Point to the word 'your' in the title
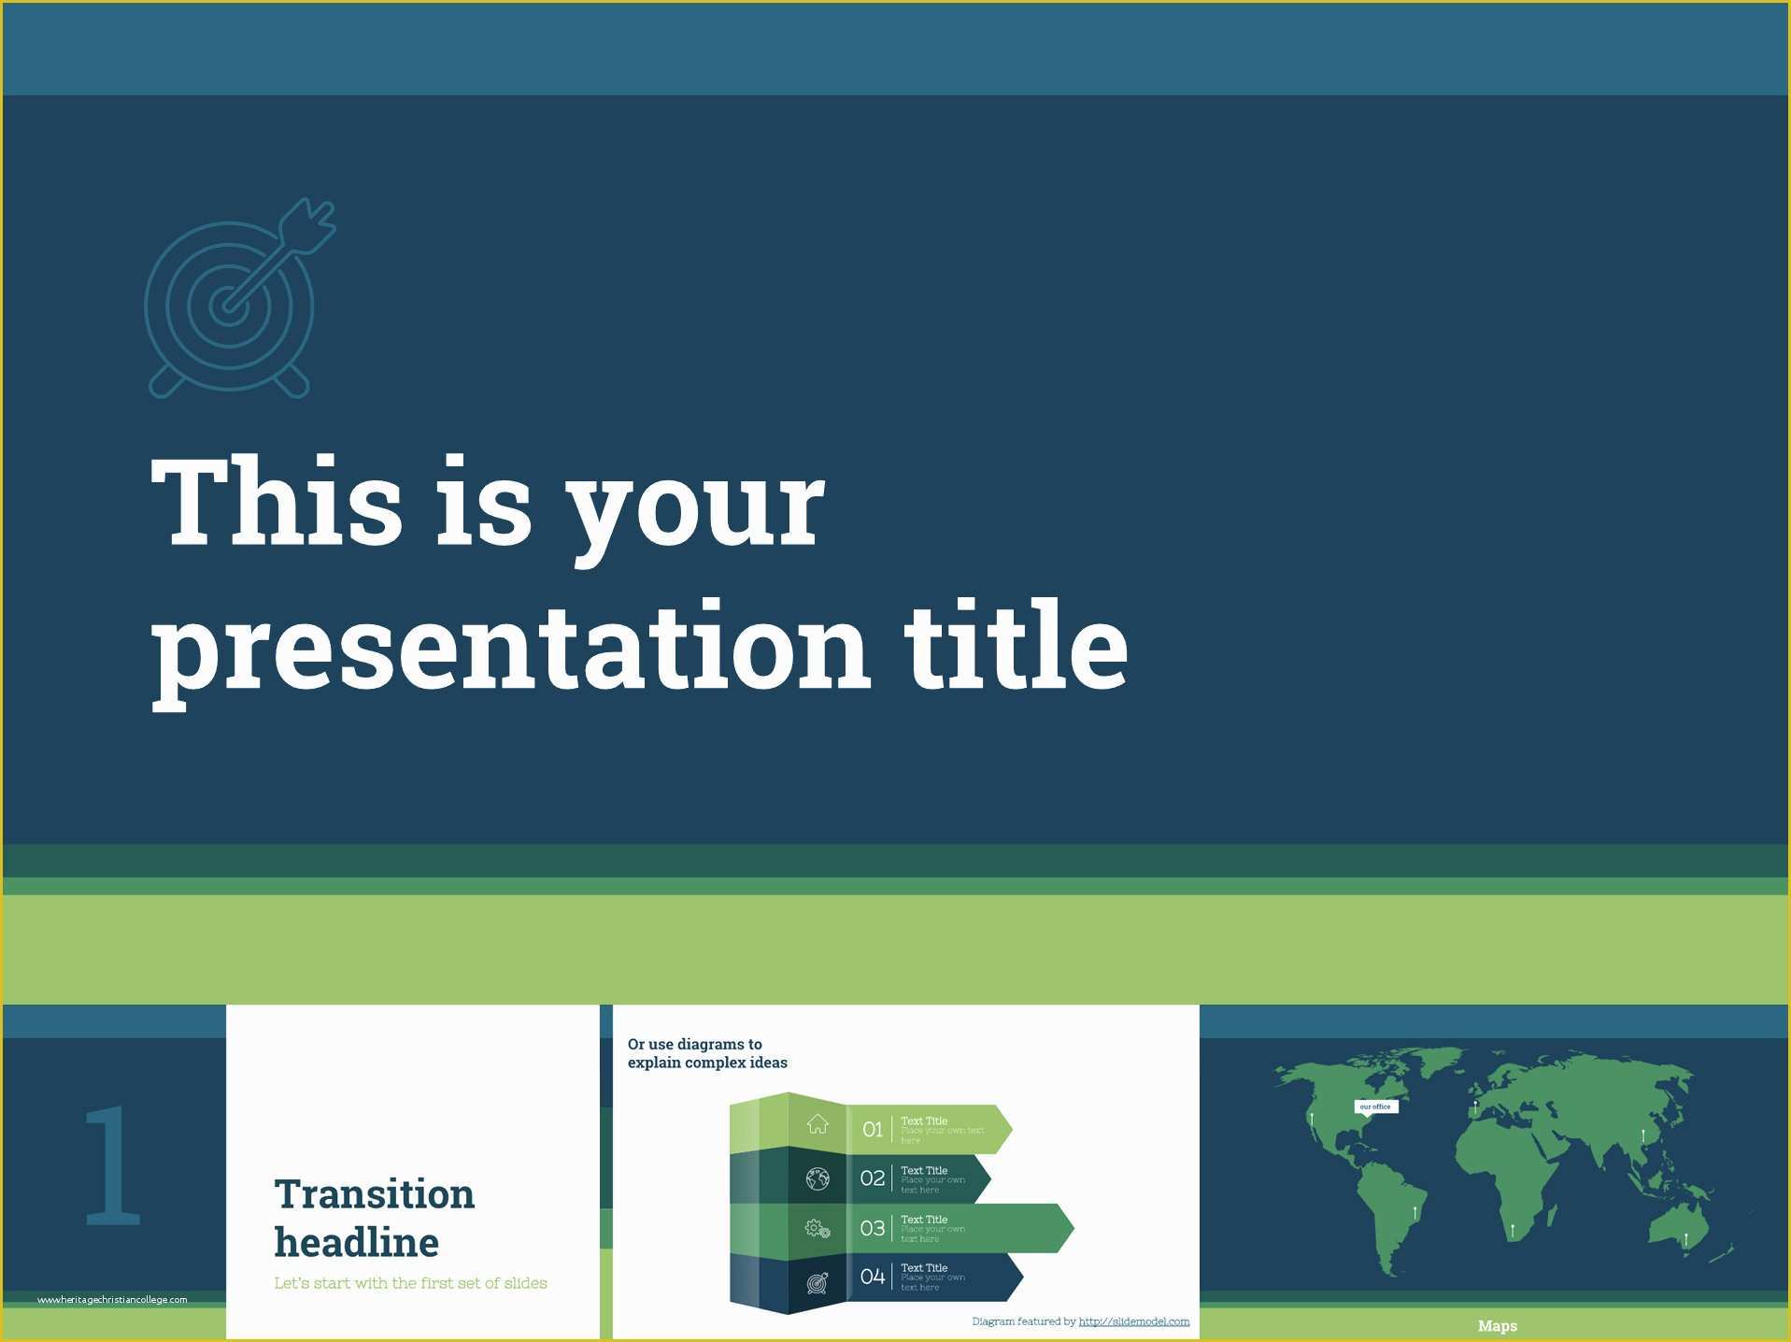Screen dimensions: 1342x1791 coord(696,509)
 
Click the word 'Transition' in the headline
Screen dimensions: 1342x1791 coord(374,1194)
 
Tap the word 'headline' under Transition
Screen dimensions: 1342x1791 coord(356,1243)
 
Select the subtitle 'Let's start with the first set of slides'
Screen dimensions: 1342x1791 coord(410,1283)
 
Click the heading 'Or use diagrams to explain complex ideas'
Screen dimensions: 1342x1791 coord(706,1053)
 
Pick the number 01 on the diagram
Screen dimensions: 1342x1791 coord(872,1130)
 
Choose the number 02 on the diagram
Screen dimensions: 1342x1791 coord(872,1178)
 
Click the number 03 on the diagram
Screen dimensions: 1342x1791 coord(872,1228)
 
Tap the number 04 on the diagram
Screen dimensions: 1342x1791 coord(872,1277)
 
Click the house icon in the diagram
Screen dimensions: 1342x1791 coord(817,1124)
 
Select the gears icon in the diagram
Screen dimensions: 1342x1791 coord(817,1229)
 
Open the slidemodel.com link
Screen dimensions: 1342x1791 coord(1133,1321)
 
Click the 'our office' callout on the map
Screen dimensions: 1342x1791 coord(1375,1106)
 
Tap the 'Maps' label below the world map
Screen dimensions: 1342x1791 coord(1497,1326)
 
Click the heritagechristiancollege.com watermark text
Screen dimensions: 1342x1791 coord(112,1300)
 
